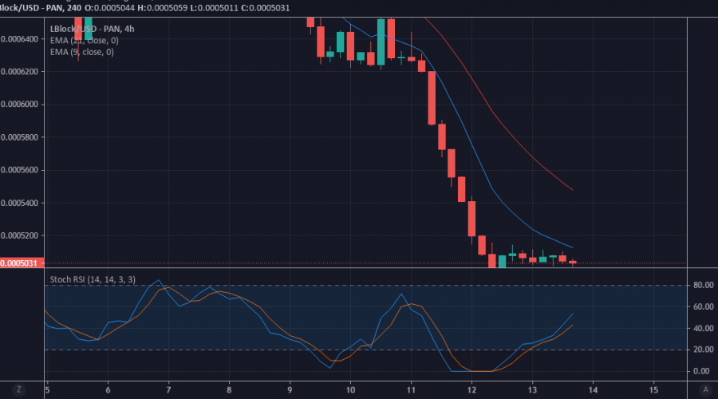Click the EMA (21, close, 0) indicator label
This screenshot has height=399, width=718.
84,40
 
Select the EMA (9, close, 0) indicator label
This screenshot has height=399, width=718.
81,52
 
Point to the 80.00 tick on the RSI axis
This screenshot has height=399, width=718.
703,285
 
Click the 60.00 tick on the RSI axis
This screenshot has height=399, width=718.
703,306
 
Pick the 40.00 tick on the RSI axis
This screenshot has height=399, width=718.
703,328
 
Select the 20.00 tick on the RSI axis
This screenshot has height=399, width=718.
703,350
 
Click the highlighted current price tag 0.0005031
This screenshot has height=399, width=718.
22,263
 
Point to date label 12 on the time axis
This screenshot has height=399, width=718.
471,389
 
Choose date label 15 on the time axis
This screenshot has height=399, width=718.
653,389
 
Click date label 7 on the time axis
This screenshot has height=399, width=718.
168,389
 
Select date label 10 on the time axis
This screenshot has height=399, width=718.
350,389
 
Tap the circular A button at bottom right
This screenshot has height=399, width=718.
704,389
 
